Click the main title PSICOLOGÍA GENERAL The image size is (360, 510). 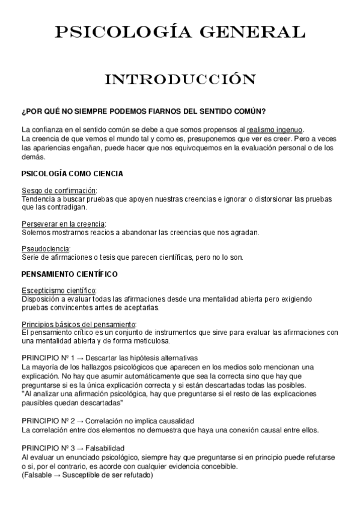point(180,32)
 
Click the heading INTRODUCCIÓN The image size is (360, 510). point(180,79)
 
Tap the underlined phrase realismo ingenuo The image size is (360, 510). point(275,129)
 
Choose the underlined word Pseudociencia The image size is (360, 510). point(46,248)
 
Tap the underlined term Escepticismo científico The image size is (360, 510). point(58,290)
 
